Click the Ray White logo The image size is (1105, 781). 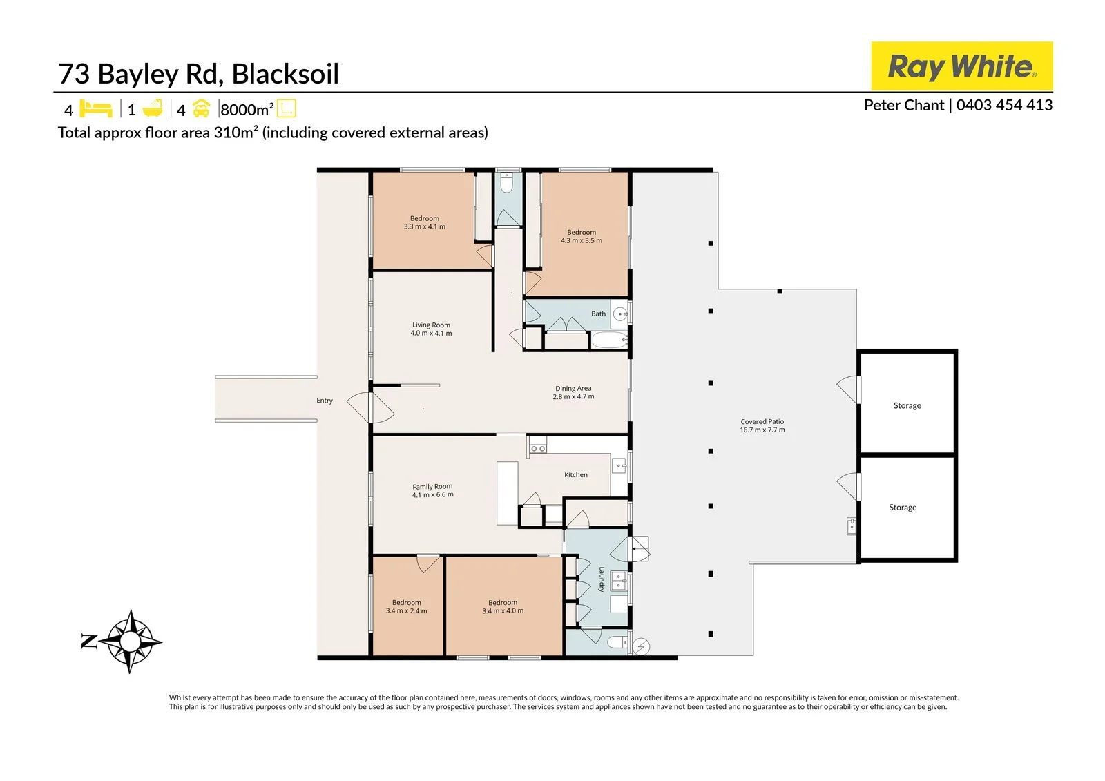[961, 66]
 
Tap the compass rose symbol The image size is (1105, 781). [131, 642]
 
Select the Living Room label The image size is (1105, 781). [431, 329]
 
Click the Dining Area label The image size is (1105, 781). [573, 392]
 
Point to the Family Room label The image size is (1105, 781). [432, 490]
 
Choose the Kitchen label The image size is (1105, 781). [576, 474]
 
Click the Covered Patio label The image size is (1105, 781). [762, 425]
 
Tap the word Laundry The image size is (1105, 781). [602, 579]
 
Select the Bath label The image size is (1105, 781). [598, 314]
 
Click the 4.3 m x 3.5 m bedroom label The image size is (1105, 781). [582, 236]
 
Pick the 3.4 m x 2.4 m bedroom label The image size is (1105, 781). [407, 606]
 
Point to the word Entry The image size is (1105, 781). [325, 400]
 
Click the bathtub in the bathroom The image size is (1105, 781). [609, 340]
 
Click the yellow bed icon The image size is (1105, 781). [96, 108]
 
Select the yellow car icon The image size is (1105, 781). [201, 108]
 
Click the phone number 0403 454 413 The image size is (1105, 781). [1004, 105]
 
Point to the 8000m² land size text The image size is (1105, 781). [247, 110]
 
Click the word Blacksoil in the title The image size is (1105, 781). [285, 74]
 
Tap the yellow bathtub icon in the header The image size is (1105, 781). [153, 108]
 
